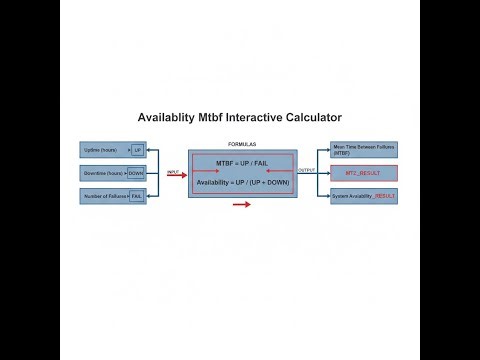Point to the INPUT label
click(173, 171)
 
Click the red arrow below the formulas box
click(241, 205)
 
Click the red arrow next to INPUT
click(174, 177)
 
